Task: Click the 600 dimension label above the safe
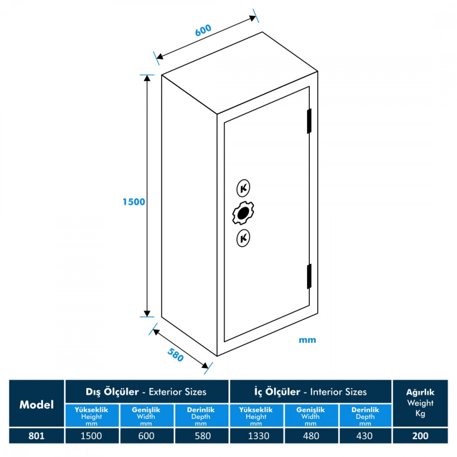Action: click(203, 30)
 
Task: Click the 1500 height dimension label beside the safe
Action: click(134, 202)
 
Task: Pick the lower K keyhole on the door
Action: click(243, 238)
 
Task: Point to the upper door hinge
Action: click(309, 121)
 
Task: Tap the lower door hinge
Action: click(309, 276)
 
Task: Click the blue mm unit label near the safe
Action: click(307, 340)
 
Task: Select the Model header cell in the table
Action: click(37, 405)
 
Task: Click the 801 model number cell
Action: click(37, 436)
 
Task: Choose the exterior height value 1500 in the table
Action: click(92, 436)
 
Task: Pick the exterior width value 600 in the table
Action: click(147, 436)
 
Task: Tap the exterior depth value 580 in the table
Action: click(202, 436)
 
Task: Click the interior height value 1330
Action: click(256, 436)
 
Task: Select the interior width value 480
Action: click(311, 436)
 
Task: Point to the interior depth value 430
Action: click(365, 436)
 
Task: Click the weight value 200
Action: click(420, 436)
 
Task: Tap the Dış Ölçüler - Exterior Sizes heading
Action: click(147, 391)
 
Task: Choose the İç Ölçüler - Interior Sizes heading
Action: click(311, 391)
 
